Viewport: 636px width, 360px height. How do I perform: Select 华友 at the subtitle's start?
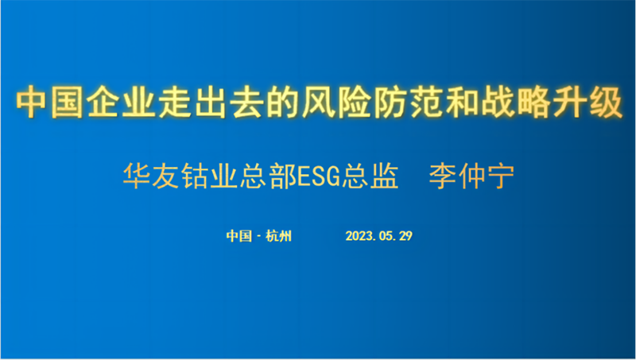150,176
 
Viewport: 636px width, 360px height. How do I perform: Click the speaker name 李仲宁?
471,176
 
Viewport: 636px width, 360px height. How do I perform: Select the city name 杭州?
278,235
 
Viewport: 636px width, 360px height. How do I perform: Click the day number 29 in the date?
405,236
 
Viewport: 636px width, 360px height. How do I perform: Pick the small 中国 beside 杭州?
239,235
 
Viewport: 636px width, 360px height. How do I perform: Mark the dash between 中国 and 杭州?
259,236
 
